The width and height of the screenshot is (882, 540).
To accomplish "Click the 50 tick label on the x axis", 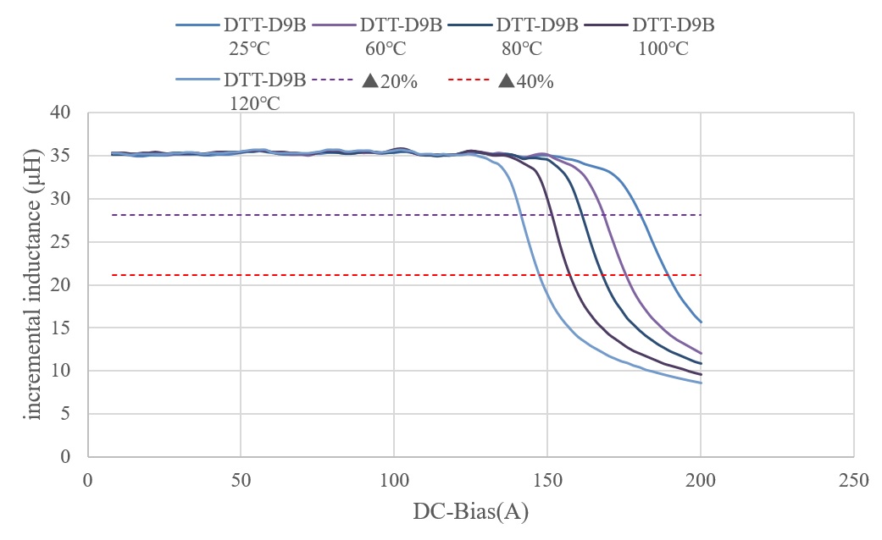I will (241, 480).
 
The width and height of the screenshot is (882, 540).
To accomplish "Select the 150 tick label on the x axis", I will (547, 480).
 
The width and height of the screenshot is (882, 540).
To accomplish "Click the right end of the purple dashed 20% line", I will (702, 215).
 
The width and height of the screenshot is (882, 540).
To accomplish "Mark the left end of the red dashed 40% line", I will (112, 275).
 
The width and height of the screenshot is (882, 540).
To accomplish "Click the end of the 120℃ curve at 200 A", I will (702, 383).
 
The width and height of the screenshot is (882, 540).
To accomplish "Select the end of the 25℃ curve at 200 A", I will (702, 322).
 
